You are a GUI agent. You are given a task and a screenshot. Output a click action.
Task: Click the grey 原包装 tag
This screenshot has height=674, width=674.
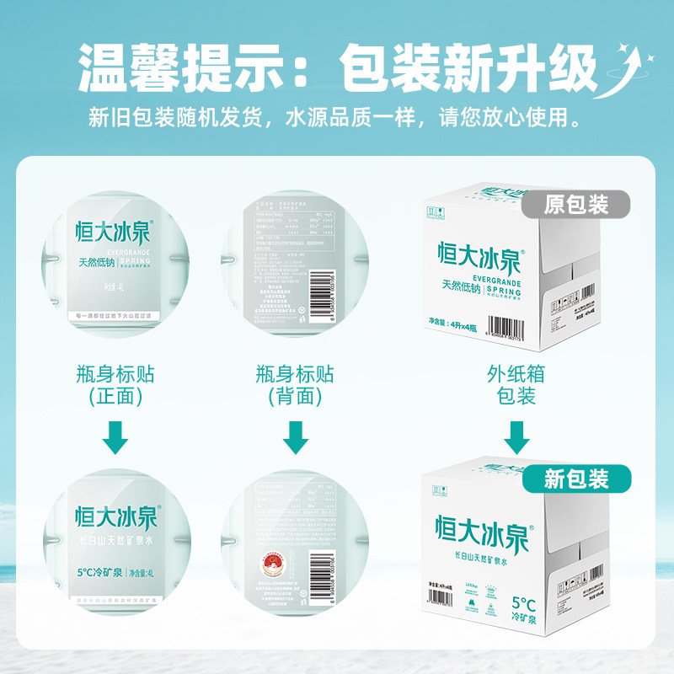click(x=576, y=204)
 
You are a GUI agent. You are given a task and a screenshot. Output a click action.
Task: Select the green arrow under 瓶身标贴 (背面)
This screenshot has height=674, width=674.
click(x=295, y=437)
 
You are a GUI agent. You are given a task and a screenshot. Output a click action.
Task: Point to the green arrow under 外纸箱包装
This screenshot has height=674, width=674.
click(x=516, y=437)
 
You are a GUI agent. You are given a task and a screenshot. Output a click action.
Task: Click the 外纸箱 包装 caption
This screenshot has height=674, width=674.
click(x=516, y=384)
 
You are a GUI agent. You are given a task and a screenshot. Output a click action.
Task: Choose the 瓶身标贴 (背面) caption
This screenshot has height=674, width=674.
click(x=295, y=384)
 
